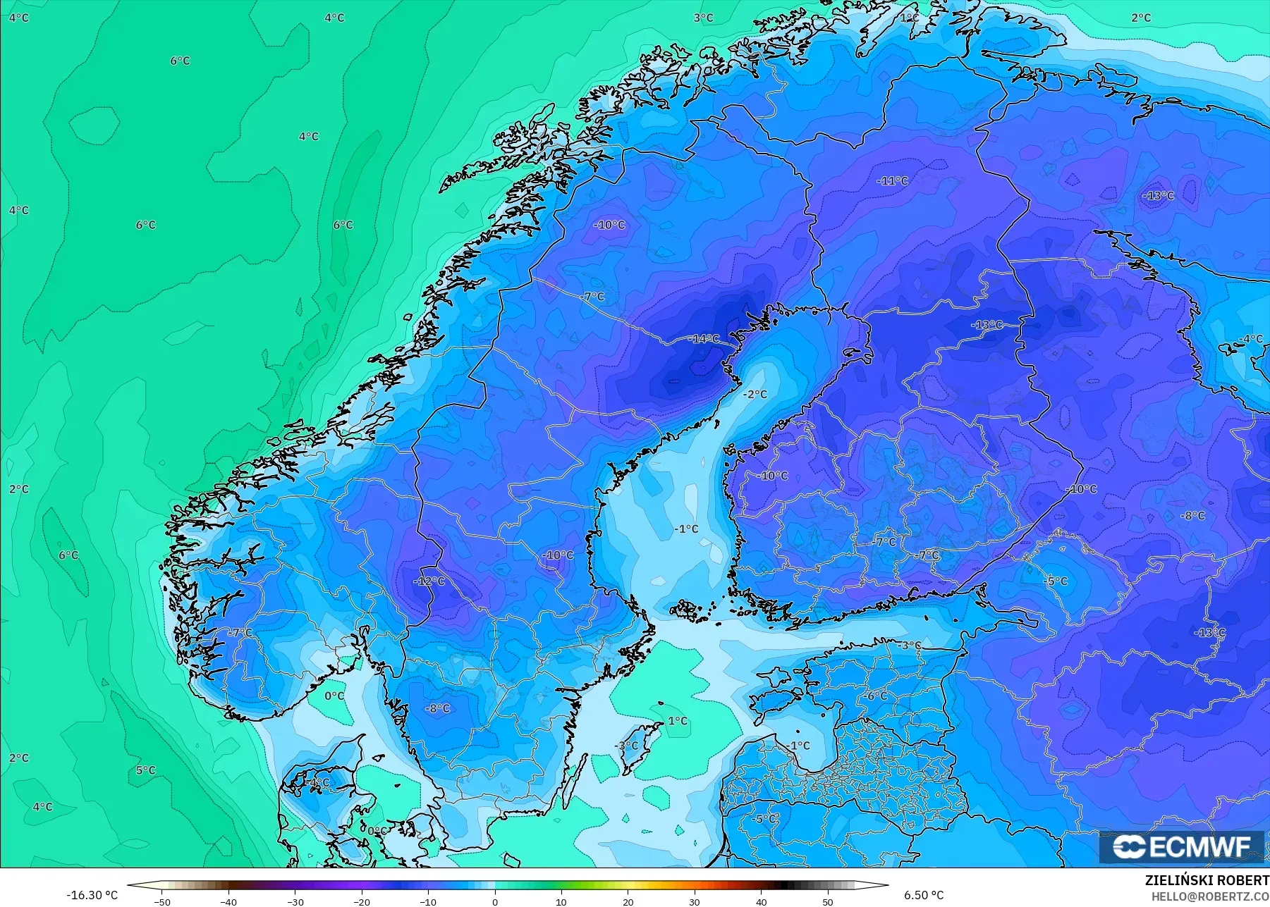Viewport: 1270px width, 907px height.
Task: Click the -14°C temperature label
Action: point(704,339)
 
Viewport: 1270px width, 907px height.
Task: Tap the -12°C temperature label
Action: point(429,581)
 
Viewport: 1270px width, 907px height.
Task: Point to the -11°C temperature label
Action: point(892,181)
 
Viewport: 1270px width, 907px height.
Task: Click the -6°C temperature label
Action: point(877,696)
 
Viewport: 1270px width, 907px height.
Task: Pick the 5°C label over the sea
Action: point(145,770)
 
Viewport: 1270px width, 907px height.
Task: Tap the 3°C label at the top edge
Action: point(703,18)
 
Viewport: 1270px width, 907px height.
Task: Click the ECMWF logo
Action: point(1182,846)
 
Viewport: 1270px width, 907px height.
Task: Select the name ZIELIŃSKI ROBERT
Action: point(1207,881)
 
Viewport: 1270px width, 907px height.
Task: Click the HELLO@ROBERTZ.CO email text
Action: point(1210,896)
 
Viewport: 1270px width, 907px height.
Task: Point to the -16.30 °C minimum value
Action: point(92,895)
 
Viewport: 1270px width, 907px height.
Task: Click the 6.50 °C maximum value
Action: point(924,895)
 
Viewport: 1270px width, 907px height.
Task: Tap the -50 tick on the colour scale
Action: point(161,902)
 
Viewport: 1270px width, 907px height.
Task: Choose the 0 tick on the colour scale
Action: point(495,902)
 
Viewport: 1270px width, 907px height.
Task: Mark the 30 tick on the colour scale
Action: point(695,902)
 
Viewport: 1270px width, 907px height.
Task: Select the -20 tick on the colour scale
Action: point(362,902)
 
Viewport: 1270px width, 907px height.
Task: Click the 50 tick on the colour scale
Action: point(828,902)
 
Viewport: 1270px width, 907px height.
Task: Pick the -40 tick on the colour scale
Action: point(228,902)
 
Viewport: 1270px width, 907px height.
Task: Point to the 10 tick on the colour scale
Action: point(561,902)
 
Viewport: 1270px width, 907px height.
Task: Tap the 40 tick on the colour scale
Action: point(762,902)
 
